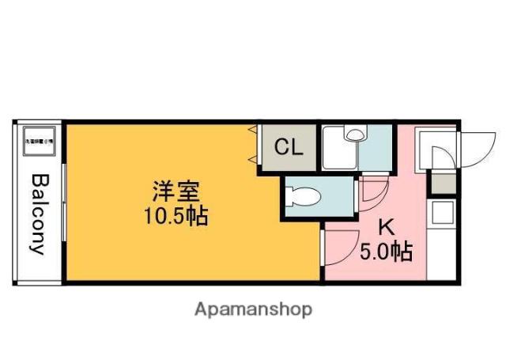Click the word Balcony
click(x=38, y=213)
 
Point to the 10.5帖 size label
click(x=175, y=215)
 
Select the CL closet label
click(x=288, y=147)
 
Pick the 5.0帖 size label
click(x=386, y=253)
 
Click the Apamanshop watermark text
click(x=253, y=309)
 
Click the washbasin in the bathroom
click(x=353, y=135)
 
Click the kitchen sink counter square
click(x=440, y=214)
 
